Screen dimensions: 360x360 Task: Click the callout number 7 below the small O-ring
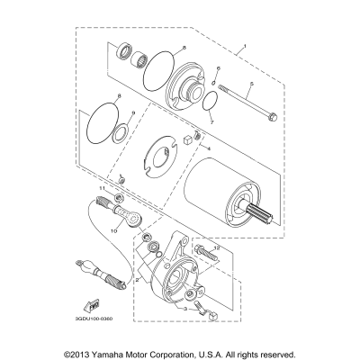coord(210,118)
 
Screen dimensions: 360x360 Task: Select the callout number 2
coord(137,280)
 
